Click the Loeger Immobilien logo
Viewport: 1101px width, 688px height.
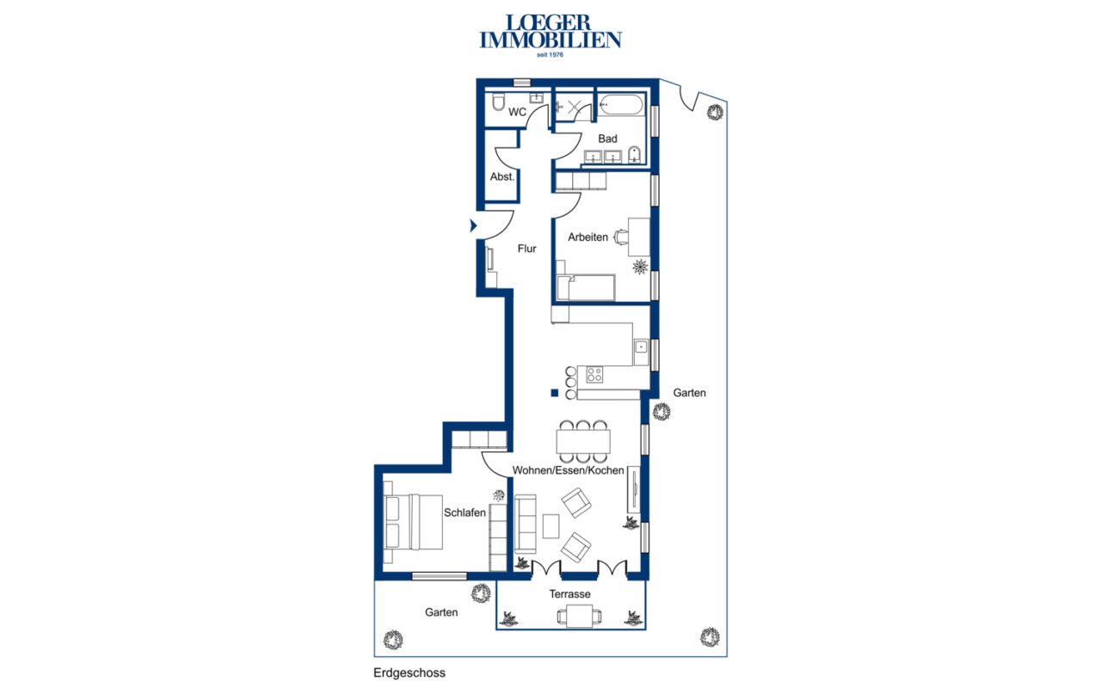click(550, 35)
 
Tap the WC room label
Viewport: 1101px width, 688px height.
click(517, 112)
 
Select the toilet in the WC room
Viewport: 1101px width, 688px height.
click(498, 101)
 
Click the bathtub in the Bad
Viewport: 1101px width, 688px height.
click(620, 105)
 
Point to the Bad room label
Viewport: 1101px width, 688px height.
click(607, 138)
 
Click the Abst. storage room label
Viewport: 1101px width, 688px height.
click(501, 176)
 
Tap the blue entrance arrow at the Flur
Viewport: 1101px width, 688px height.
click(473, 225)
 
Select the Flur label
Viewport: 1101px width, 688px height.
click(526, 249)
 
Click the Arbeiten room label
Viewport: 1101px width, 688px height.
click(587, 236)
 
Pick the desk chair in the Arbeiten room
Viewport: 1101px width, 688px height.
click(621, 236)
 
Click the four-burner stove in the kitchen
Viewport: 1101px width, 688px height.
click(594, 374)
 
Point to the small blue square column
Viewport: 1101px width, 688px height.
click(555, 393)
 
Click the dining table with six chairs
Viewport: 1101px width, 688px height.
click(583, 441)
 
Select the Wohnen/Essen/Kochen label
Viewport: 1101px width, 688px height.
click(569, 470)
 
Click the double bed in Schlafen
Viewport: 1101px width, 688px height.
click(413, 522)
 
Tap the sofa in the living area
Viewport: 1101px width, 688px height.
click(526, 524)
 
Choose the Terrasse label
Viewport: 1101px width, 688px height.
click(569, 594)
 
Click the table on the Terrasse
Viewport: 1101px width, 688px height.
click(579, 616)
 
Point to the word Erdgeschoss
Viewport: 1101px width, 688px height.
click(409, 673)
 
